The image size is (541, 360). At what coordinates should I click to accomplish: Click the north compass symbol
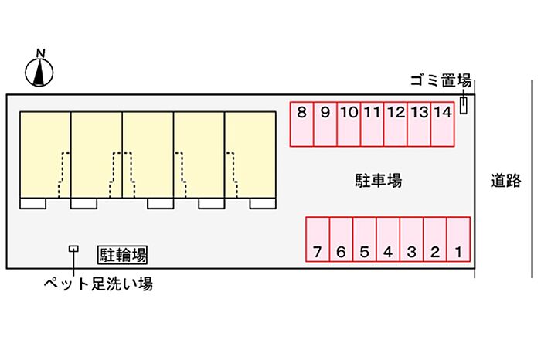[x=39, y=73]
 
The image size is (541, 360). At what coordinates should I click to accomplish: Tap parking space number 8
[x=301, y=124]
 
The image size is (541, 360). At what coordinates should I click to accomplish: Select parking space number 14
[x=443, y=124]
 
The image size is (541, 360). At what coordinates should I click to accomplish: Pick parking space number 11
[x=373, y=124]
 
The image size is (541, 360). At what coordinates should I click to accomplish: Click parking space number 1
[x=458, y=239]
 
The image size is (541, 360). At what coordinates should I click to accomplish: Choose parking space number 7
[x=318, y=239]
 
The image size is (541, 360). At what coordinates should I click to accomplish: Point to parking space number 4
[x=388, y=239]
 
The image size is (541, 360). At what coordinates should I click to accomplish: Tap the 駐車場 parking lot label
[x=379, y=180]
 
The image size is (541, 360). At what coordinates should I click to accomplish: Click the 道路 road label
[x=505, y=180]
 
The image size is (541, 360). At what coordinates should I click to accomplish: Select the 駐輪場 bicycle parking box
[x=122, y=255]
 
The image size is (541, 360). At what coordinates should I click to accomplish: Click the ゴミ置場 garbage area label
[x=441, y=80]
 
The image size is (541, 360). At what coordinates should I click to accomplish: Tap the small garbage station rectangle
[x=464, y=106]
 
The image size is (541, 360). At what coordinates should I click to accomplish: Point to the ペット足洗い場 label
[x=98, y=284]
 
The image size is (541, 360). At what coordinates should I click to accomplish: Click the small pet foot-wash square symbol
[x=73, y=249]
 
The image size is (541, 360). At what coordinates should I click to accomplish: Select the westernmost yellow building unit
[x=46, y=155]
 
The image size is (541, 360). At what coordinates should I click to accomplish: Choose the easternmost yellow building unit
[x=250, y=155]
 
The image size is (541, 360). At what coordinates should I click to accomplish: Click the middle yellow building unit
[x=148, y=155]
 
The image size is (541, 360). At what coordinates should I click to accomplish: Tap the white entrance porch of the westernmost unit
[x=32, y=203]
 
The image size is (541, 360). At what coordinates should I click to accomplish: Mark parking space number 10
[x=349, y=124]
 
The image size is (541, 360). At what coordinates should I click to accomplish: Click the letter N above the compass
[x=41, y=53]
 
